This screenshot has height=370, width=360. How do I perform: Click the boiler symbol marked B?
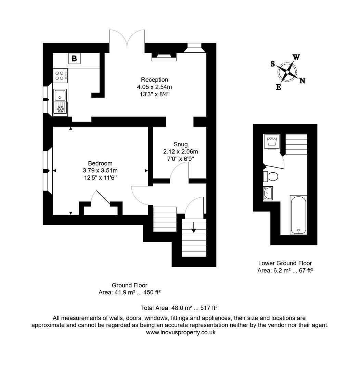tap(74, 59)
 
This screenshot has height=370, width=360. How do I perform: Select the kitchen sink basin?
tap(60, 94)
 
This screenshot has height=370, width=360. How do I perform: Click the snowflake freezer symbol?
tap(60, 109)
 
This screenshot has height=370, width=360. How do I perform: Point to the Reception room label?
tap(154, 80)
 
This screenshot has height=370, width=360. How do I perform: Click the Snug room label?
tap(180, 144)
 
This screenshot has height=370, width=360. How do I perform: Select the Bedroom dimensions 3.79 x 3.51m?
tap(100, 170)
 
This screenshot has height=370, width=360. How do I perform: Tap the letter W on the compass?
tap(296, 57)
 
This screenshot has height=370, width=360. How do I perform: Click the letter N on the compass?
tap(303, 81)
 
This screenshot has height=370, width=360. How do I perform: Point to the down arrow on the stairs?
tap(194, 227)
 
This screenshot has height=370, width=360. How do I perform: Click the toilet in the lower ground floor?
tap(271, 176)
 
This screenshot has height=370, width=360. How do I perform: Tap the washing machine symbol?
tap(272, 141)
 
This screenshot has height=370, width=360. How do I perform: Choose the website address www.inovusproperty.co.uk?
tap(180, 332)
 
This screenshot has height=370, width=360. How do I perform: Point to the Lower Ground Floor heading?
tap(285, 263)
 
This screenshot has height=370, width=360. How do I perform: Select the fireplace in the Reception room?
tap(164, 57)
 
